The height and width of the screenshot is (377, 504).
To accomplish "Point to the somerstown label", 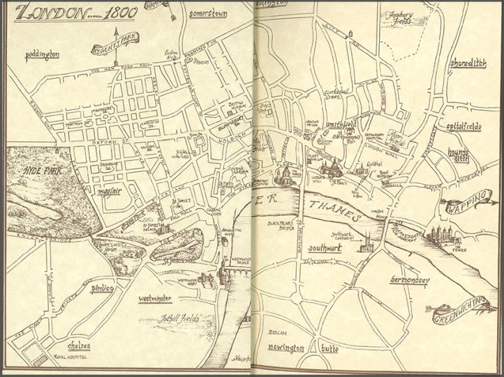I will click(209, 15).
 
